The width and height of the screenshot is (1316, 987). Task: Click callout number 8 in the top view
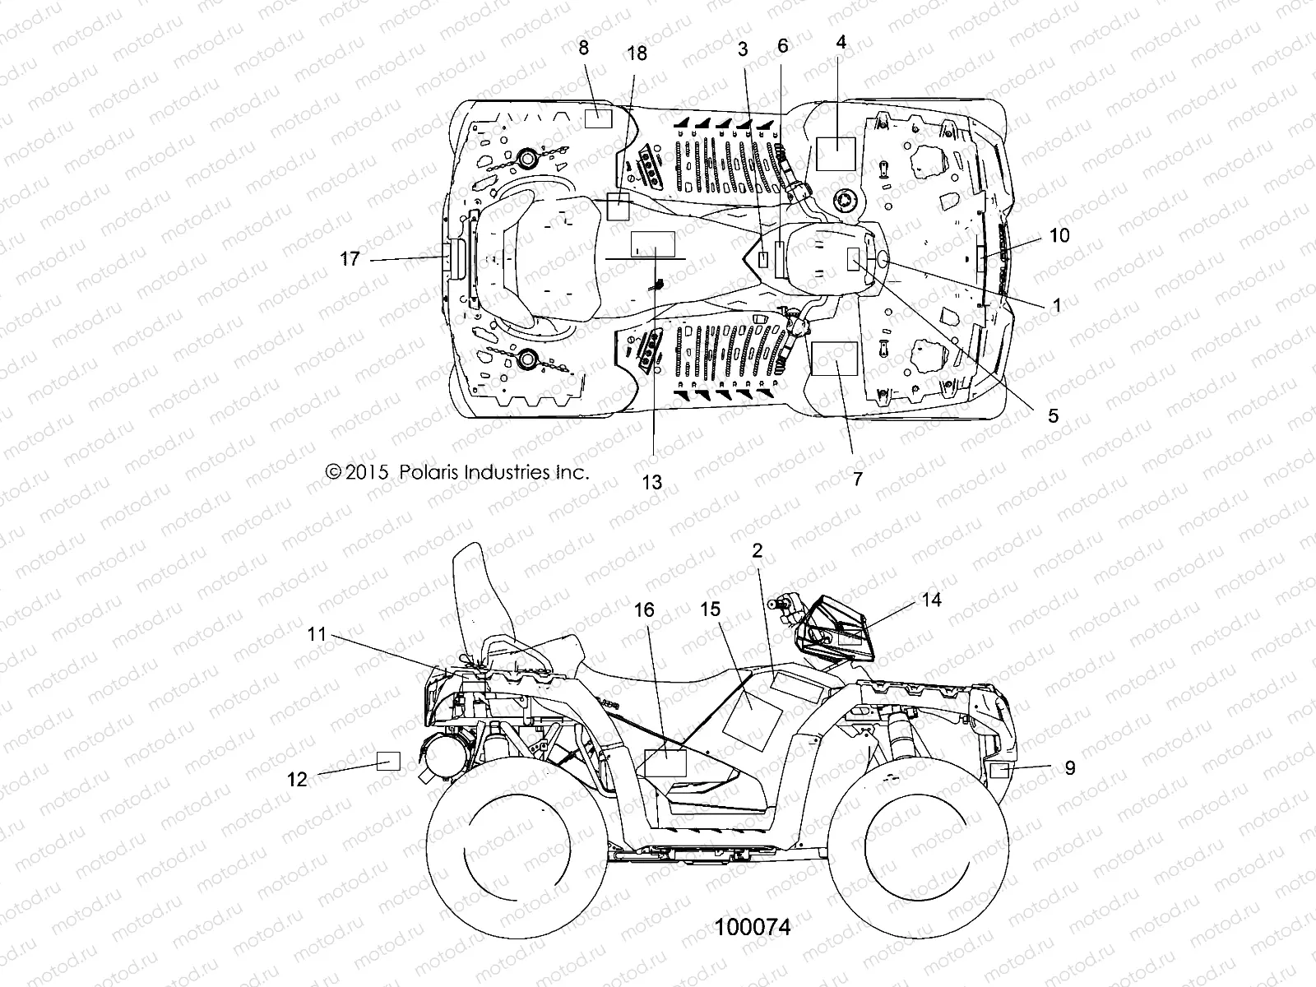coord(584,48)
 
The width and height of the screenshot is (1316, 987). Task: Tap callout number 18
coord(637,53)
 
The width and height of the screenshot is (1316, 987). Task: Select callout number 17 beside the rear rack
coord(350,259)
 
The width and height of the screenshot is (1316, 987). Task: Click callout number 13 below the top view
coord(651,482)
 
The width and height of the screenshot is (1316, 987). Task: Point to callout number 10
coord(1059,235)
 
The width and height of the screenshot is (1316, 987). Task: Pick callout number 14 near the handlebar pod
coord(931,600)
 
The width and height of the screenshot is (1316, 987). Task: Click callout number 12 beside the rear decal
coord(297,778)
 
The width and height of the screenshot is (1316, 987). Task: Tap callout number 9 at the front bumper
coord(1069,767)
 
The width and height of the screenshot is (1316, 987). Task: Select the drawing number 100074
coord(753,927)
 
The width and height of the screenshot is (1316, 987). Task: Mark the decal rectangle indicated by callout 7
coord(835,359)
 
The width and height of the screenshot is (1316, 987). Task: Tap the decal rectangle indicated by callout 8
coord(599,118)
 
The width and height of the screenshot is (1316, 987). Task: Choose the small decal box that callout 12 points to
coord(388,761)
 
